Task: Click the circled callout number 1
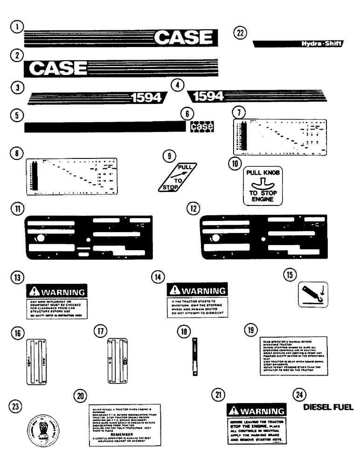(17, 27)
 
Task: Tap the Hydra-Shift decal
(298, 44)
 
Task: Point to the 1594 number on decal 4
(208, 96)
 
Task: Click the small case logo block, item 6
(202, 126)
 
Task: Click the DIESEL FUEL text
(328, 406)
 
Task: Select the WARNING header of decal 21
(256, 411)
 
